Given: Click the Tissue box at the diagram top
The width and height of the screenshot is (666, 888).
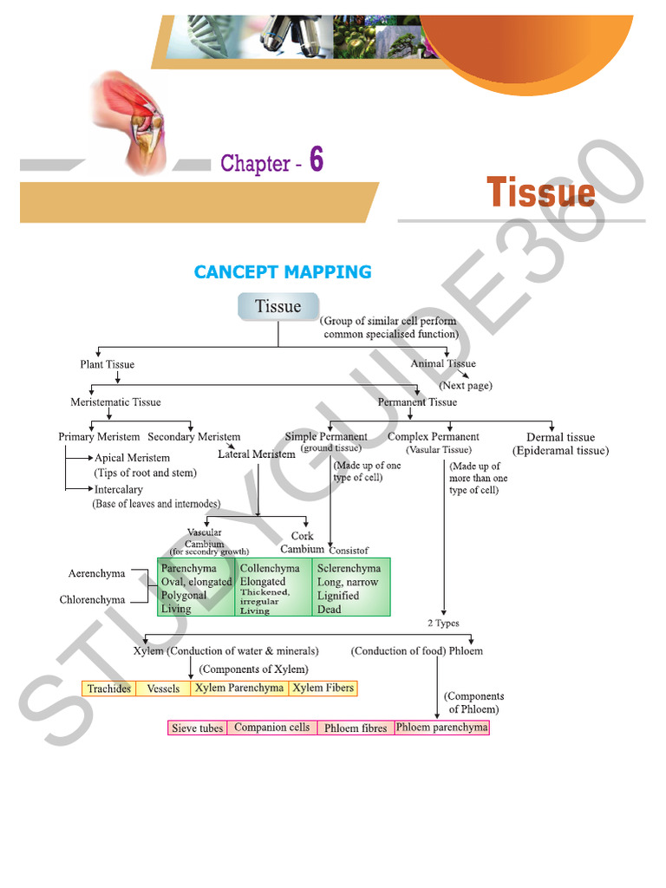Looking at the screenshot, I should [277, 307].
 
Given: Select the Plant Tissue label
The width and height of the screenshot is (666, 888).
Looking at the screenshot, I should [108, 364].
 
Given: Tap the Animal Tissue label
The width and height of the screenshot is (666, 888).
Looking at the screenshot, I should [443, 363].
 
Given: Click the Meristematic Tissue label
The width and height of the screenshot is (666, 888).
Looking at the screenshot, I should [115, 402].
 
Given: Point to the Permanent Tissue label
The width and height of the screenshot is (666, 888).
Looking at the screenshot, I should [417, 402].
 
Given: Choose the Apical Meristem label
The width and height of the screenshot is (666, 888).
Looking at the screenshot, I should [132, 457].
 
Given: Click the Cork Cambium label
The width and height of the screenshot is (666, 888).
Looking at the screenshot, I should [302, 542].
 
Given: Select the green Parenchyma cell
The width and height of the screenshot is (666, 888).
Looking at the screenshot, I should [196, 587].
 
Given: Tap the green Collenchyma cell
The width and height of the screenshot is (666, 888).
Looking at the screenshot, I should [273, 587].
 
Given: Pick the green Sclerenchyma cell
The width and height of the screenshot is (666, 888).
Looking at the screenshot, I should [350, 587].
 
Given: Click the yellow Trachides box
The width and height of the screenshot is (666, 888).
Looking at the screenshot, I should [109, 689].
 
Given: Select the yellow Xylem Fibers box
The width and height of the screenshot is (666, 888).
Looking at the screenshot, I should [323, 688].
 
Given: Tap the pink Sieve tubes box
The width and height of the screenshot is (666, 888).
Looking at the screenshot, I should [197, 728].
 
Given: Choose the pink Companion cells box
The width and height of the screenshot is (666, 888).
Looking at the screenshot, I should [271, 728].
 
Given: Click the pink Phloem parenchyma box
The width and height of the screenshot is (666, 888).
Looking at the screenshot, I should [441, 728].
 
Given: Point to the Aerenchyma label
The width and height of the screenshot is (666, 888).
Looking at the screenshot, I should [96, 573].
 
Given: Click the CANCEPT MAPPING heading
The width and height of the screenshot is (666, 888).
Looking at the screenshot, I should [283, 272].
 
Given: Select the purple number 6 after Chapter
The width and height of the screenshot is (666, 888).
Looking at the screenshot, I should [317, 160].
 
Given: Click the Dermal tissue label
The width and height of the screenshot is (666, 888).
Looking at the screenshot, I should [560, 437].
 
